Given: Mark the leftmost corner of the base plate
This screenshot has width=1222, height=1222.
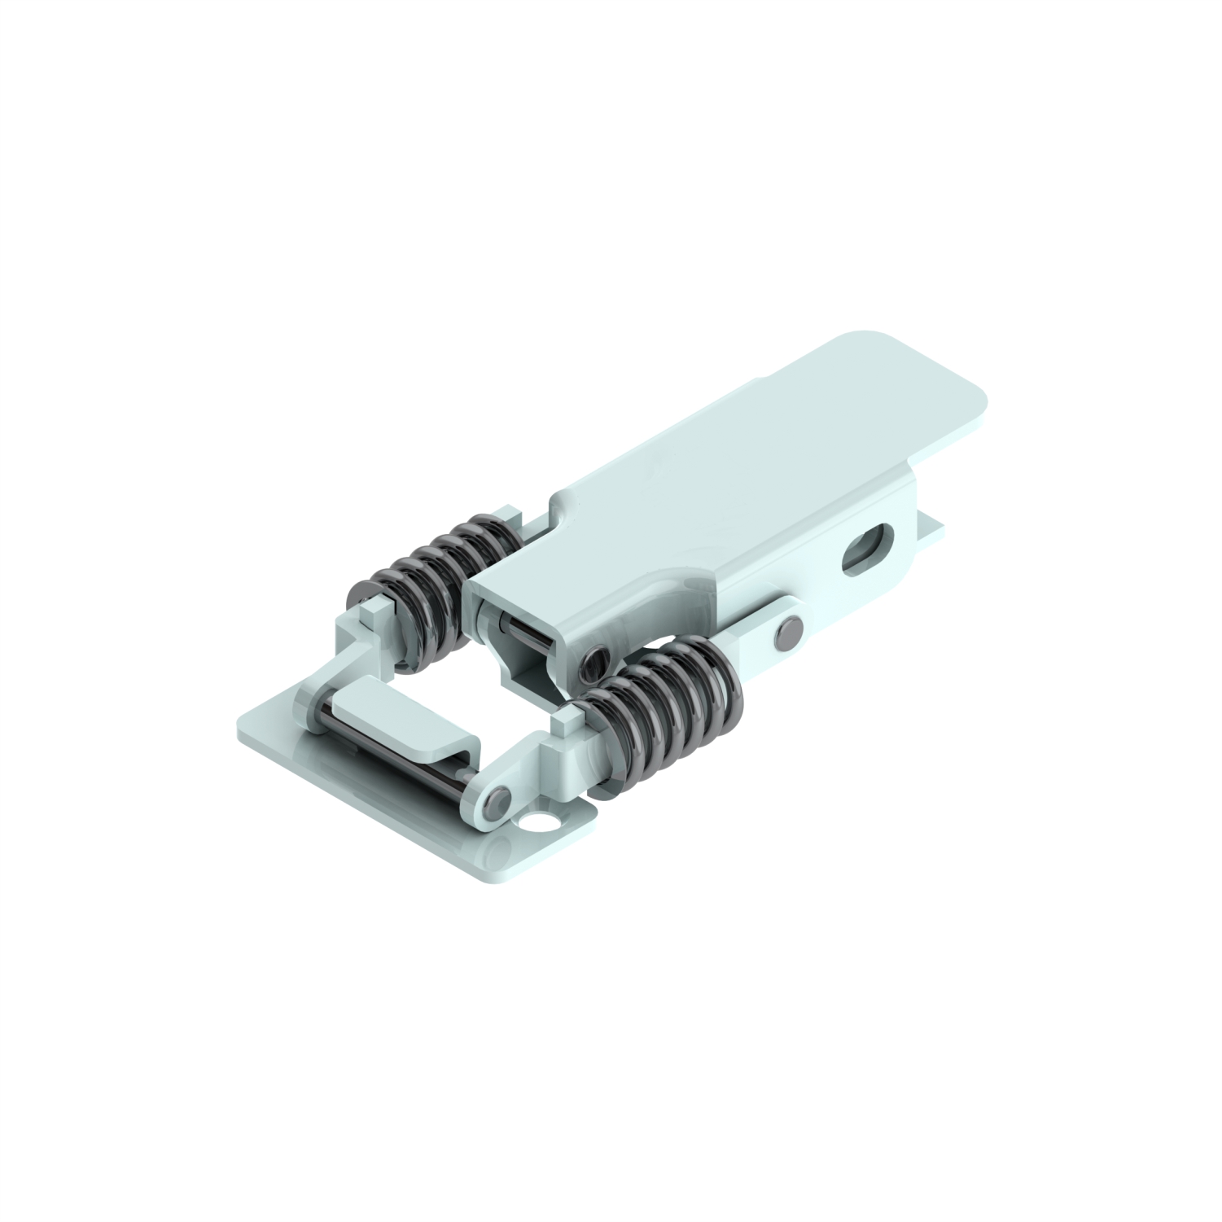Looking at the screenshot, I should [238, 723].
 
